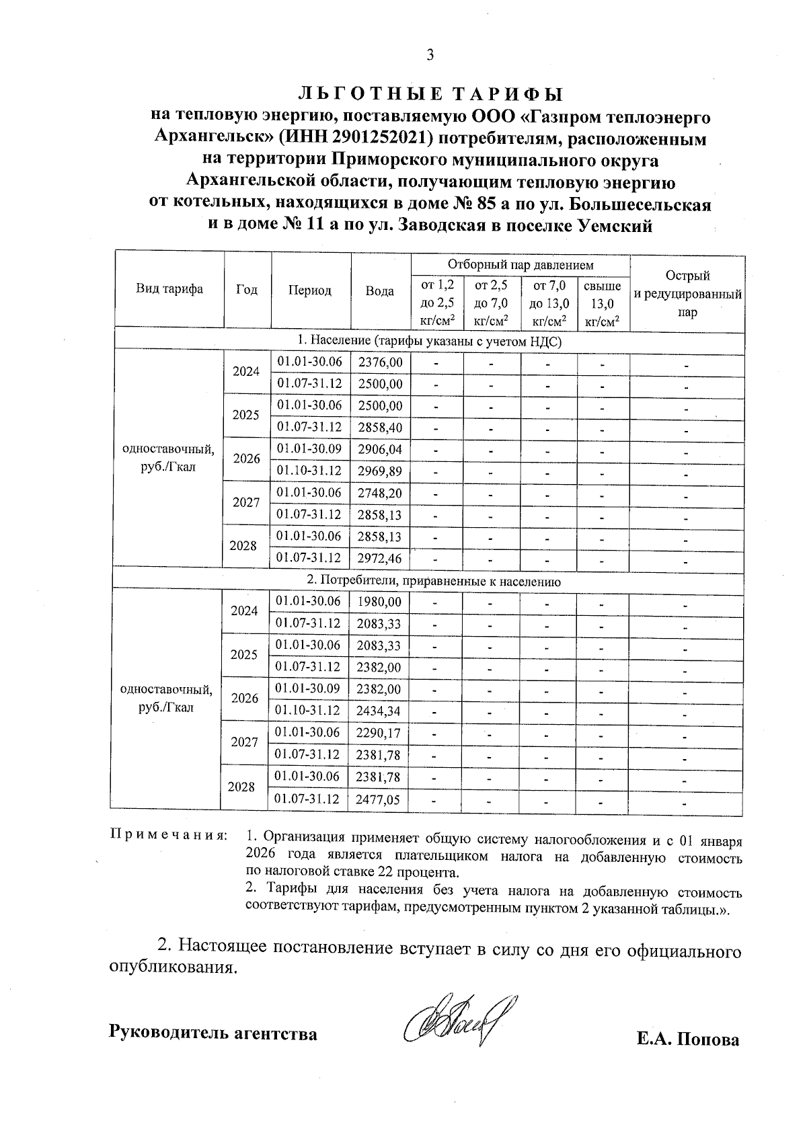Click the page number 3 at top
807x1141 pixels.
pos(430,55)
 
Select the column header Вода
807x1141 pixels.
pos(380,290)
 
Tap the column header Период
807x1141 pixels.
pos(310,290)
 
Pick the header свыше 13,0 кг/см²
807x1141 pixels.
pos(603,304)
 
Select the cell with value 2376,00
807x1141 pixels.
pos(381,362)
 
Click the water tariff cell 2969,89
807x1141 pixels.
pos(381,471)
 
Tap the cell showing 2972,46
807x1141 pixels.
pos(381,558)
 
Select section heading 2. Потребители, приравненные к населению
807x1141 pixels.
pos(429,581)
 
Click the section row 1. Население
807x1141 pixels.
pos(429,342)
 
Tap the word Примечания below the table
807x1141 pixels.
pos(168,836)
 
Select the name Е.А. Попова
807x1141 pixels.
pos(688,1039)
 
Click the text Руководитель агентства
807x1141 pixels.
pos(213,1033)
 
